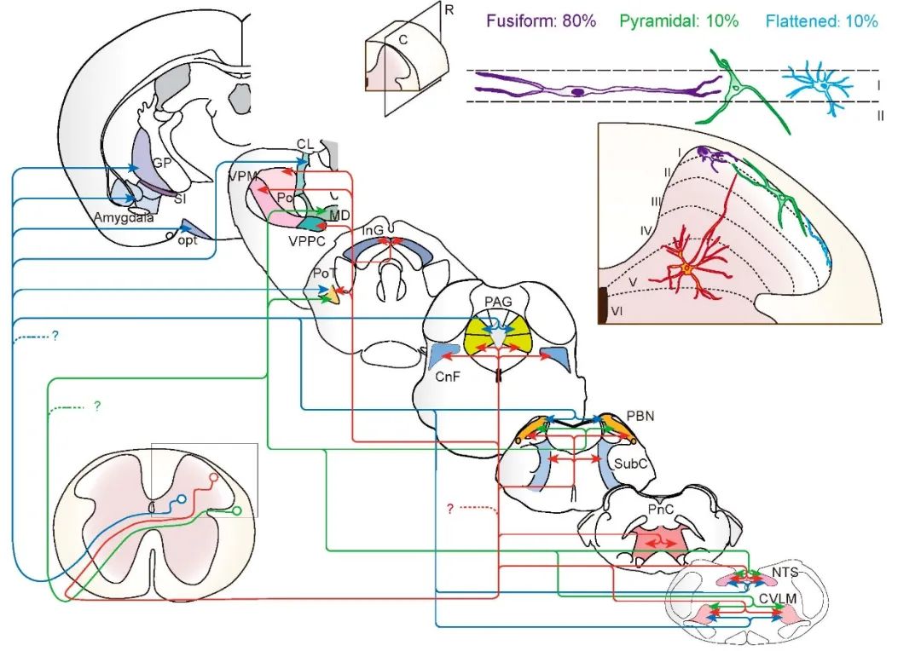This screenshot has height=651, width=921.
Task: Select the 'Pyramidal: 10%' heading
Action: click(679, 21)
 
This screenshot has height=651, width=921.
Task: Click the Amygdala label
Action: click(122, 218)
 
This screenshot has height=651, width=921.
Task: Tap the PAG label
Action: click(497, 302)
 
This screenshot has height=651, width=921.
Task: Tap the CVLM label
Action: click(779, 599)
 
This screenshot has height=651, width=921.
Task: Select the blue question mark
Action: click(55, 336)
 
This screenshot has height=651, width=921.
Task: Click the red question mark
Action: click(449, 509)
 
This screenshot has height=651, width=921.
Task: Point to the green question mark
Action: click(97, 406)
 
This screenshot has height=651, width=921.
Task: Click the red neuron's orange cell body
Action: click(687, 269)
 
